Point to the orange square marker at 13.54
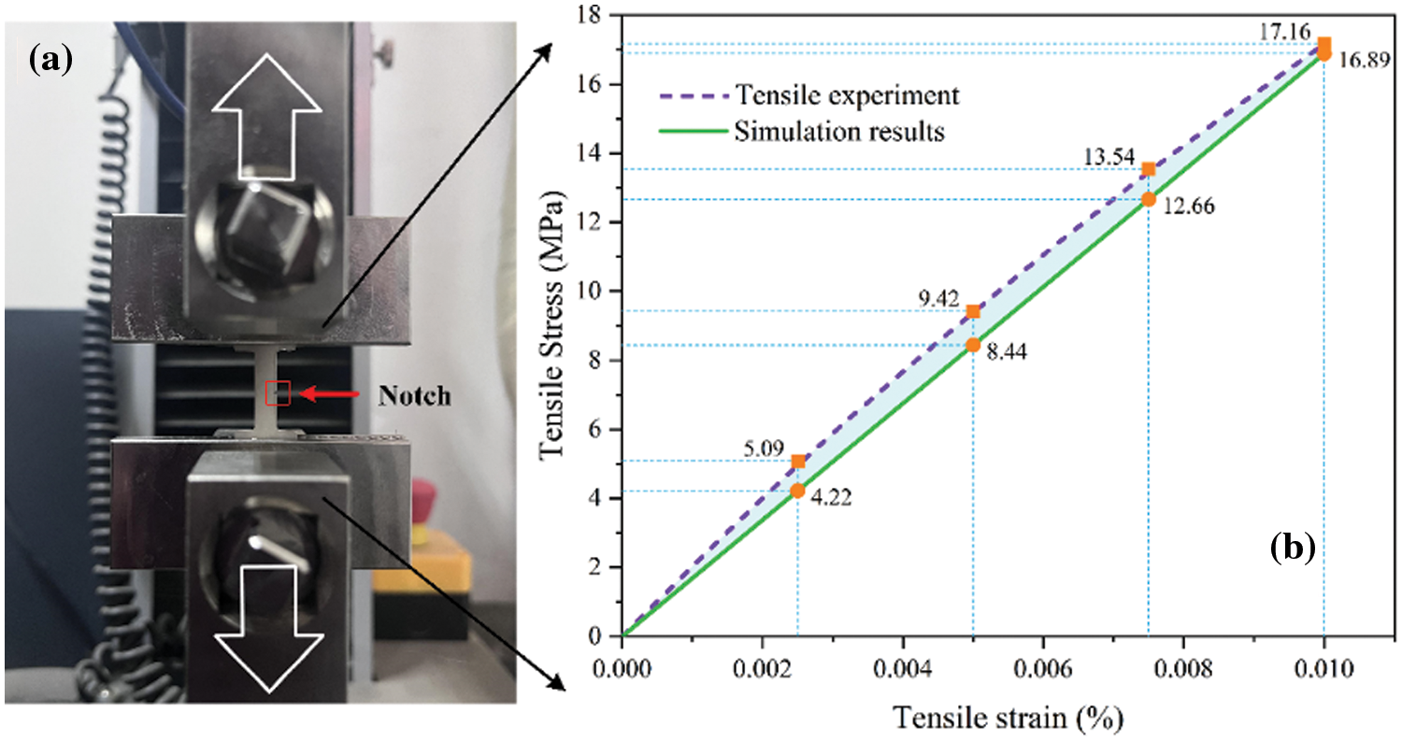pyautogui.click(x=1149, y=169)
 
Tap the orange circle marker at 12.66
pyautogui.click(x=1149, y=199)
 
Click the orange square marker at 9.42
pyautogui.click(x=973, y=311)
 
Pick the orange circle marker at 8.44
pyautogui.click(x=973, y=345)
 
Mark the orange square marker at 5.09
pyautogui.click(x=798, y=462)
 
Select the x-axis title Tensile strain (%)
pyautogui.click(x=1009, y=717)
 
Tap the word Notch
pyautogui.click(x=414, y=396)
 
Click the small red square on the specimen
pyautogui.click(x=278, y=393)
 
